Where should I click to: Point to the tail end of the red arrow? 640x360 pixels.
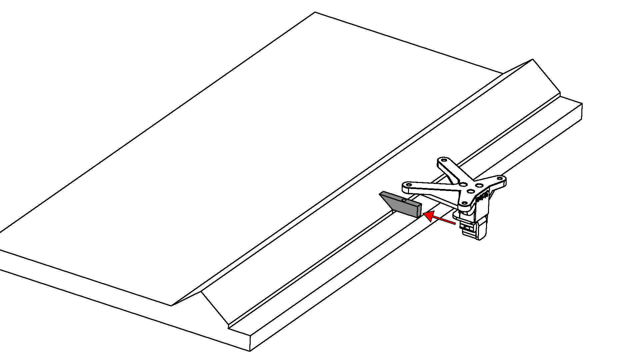pyautogui.click(x=455, y=223)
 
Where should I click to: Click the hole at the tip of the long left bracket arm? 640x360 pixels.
pyautogui.click(x=409, y=184)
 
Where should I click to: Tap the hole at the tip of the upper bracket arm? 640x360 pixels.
pyautogui.click(x=444, y=160)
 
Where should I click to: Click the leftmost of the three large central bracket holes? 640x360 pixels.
pyautogui.click(x=463, y=184)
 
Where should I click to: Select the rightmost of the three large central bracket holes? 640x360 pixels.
pyautogui.click(x=479, y=185)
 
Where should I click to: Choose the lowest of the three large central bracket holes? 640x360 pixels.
pyautogui.click(x=471, y=191)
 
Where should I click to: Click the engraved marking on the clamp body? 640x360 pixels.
pyautogui.click(x=482, y=197)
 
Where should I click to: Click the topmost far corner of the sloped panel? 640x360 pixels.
pyautogui.click(x=315, y=12)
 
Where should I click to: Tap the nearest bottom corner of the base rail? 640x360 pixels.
pyautogui.click(x=250, y=351)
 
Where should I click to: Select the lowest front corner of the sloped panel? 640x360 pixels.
pyautogui.click(x=171, y=306)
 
